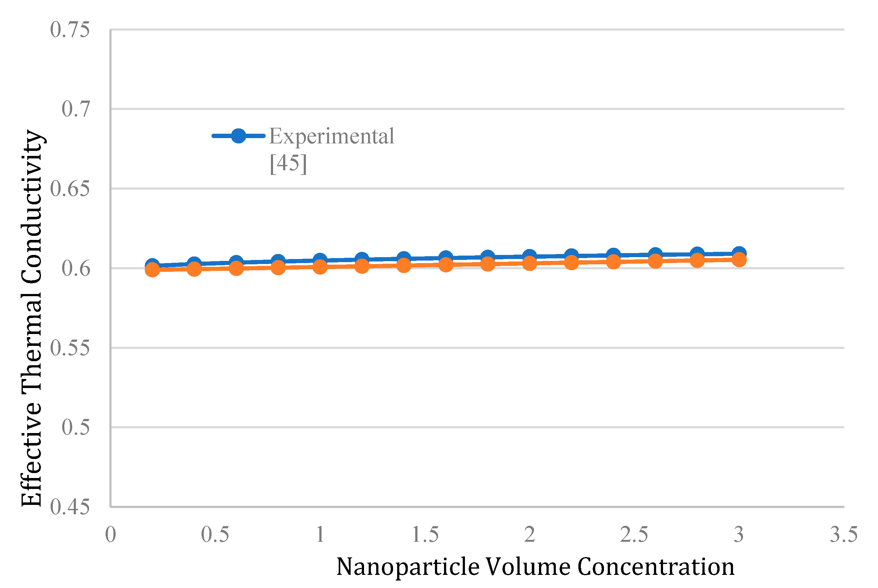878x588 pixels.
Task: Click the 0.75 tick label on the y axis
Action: pos(70,30)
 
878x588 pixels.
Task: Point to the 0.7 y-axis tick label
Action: pos(76,109)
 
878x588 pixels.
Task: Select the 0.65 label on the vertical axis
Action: pos(70,189)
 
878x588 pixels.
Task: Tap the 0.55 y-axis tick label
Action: pos(70,348)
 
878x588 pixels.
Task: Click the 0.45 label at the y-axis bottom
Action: pos(70,507)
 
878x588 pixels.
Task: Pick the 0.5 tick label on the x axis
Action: pos(215,534)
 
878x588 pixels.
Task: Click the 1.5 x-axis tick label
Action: pos(425,534)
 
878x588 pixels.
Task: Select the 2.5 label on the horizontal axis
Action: pos(634,534)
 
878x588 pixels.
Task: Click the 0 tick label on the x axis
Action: pos(111,534)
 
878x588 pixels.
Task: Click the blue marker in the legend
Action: pos(238,136)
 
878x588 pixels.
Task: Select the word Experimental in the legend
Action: pos(332,136)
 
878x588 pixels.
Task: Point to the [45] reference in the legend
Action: pos(288,163)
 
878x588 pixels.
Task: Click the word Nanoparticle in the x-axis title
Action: pos(408,567)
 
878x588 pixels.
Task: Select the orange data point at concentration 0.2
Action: pos(152,270)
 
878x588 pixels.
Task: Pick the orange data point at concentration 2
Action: pos(530,264)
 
